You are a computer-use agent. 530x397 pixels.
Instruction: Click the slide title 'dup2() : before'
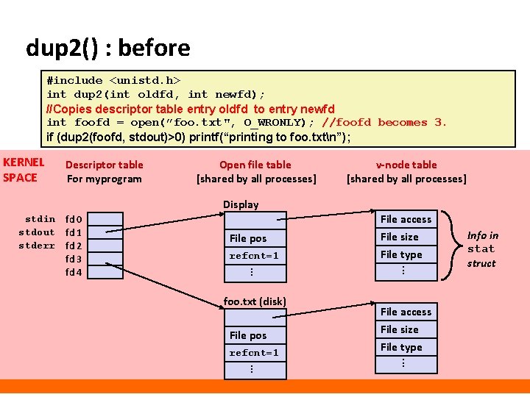coord(107,49)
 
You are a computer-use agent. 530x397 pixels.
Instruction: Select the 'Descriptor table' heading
coord(105,165)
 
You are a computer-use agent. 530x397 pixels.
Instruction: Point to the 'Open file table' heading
coord(255,165)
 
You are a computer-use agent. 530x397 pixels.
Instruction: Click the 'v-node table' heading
coord(406,165)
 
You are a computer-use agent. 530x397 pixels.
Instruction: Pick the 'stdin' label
coord(40,219)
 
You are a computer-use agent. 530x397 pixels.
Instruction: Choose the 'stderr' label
coord(37,246)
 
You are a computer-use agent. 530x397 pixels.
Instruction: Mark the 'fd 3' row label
coord(74,259)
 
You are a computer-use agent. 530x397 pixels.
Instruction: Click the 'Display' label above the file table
coord(241,204)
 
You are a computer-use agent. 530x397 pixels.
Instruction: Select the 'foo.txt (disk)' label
coord(255,301)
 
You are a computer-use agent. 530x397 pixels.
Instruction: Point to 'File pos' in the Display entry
coord(248,238)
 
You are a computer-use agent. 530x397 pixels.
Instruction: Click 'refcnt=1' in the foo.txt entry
coord(254,353)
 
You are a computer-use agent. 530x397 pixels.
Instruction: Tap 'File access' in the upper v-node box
coord(406,219)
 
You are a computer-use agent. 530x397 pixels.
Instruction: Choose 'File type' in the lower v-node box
coord(401,347)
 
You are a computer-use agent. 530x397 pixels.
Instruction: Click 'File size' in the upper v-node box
coord(400,237)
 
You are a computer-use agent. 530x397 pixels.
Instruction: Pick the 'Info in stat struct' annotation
coord(482,249)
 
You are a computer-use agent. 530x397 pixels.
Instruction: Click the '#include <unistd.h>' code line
coord(114,79)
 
